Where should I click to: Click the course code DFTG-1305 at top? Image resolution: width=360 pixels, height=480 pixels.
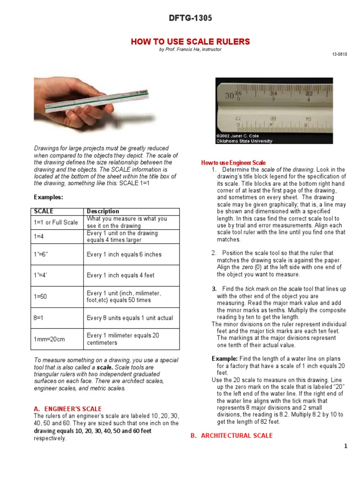(190, 18)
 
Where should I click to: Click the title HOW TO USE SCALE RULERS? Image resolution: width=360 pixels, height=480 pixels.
(190, 42)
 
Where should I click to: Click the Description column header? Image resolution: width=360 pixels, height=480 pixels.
(103, 211)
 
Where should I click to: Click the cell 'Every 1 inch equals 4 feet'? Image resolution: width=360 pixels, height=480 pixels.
(120, 276)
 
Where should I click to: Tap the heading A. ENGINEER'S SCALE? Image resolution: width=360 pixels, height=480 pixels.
(68, 409)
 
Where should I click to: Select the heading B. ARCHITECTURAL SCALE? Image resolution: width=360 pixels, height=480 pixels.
(232, 435)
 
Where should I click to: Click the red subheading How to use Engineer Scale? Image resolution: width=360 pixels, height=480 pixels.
(233, 163)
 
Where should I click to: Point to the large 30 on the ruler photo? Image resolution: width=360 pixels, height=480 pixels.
(229, 96)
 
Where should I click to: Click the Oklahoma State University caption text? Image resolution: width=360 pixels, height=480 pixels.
(244, 141)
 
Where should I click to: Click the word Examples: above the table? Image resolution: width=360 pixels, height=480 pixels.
(48, 197)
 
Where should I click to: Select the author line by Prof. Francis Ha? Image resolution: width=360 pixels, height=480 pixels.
(190, 50)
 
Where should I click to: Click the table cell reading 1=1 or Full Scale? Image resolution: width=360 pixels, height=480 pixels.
(56, 222)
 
